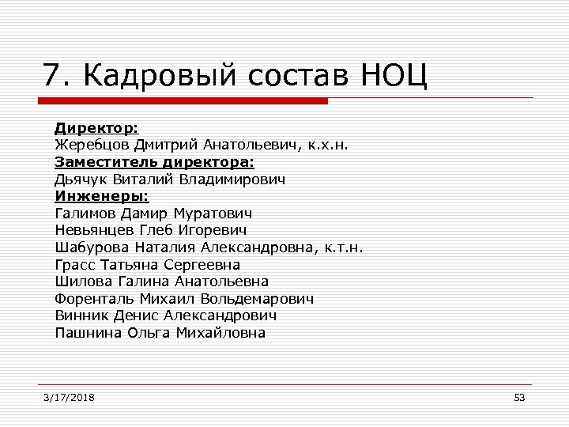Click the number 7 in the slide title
click(x=53, y=76)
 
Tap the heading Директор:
click(x=96, y=128)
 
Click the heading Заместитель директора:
click(x=154, y=162)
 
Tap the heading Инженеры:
click(x=102, y=196)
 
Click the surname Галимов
click(x=85, y=213)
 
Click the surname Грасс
click(x=74, y=265)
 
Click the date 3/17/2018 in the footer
click(x=70, y=397)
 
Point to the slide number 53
click(x=519, y=397)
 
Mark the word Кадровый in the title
click(x=159, y=76)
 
